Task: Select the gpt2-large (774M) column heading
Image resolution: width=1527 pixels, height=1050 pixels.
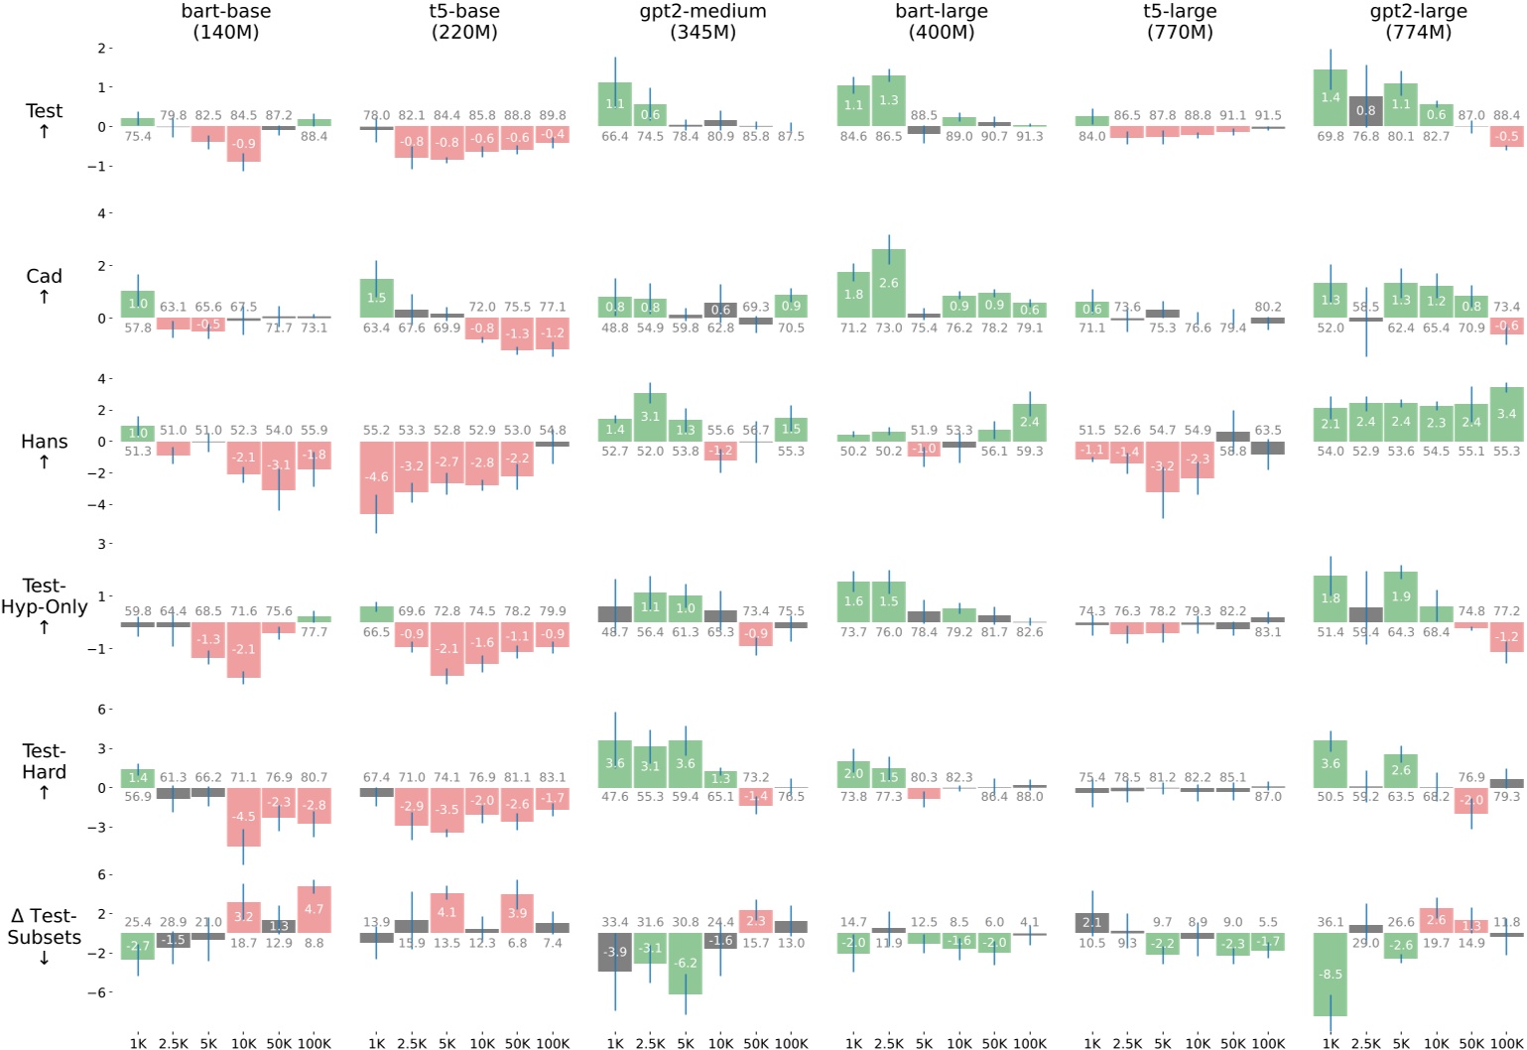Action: (1420, 22)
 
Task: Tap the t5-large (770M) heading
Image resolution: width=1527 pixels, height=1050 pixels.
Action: (1180, 22)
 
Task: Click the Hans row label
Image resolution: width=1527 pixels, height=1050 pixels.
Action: (45, 452)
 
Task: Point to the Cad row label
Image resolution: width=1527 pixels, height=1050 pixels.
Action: (45, 286)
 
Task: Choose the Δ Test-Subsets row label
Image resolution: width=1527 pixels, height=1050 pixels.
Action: (45, 936)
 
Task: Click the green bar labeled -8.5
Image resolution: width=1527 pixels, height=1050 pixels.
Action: (1330, 975)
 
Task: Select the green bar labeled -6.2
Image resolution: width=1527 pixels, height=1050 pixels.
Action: (685, 963)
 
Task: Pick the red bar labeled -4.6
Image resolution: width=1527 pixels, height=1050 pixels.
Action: (377, 477)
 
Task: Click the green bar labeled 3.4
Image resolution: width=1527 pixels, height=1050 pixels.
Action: (1506, 414)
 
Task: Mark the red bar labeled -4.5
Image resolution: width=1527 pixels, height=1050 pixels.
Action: (243, 817)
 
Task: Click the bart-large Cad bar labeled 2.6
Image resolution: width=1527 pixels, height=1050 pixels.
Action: (889, 284)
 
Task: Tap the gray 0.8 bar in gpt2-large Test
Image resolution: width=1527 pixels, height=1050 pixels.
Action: (1365, 110)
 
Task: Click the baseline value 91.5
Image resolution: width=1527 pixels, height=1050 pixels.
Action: (1267, 116)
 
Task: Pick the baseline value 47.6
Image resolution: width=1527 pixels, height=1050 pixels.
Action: (615, 796)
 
